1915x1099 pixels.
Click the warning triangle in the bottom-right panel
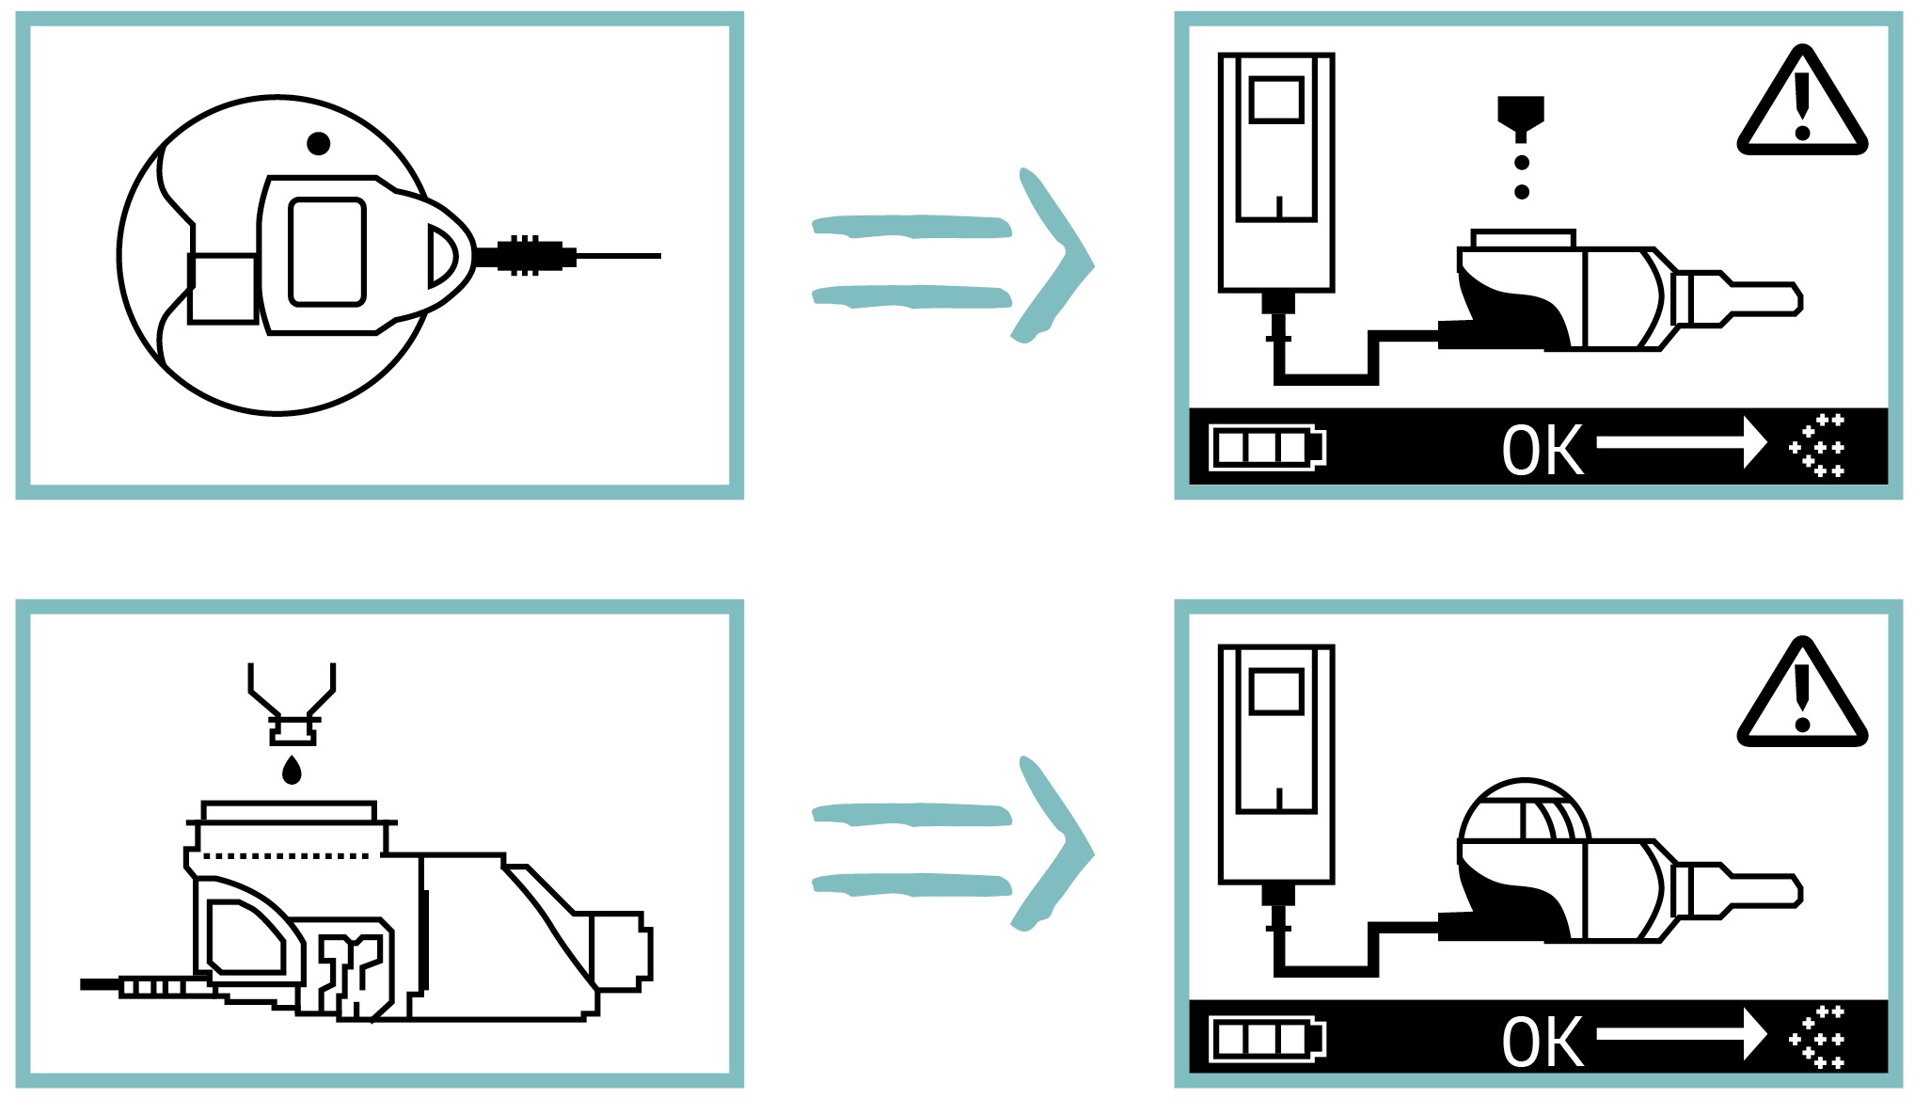tap(1801, 697)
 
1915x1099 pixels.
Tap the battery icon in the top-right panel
tap(1266, 448)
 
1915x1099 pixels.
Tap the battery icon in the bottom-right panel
tap(1266, 1040)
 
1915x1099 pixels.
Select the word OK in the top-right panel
tap(1542, 451)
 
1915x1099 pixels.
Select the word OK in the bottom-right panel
tap(1542, 1042)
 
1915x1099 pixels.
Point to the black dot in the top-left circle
tap(319, 144)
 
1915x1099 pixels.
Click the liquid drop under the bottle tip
tap(292, 771)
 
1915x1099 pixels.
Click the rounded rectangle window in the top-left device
tap(326, 252)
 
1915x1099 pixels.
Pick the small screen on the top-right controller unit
tap(1276, 100)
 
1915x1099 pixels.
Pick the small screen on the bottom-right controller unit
tap(1276, 692)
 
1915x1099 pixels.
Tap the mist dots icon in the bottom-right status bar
tap(1818, 1038)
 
